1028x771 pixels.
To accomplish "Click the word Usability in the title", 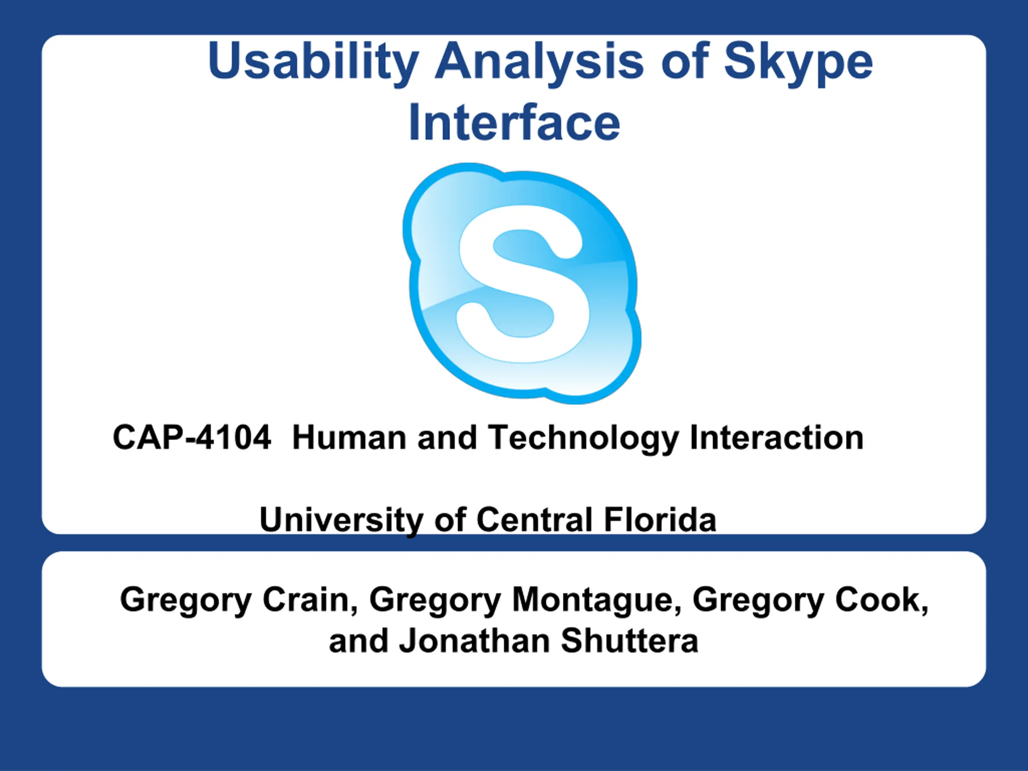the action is [x=313, y=62].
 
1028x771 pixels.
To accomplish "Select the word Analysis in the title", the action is [x=540, y=62].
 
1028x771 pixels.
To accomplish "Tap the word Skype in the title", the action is [x=798, y=62].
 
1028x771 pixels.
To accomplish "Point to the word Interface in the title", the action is [x=514, y=122].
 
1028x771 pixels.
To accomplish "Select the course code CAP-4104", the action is [x=192, y=437].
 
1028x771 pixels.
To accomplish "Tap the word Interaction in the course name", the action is [x=777, y=437].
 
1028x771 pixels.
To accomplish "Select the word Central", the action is [x=534, y=519].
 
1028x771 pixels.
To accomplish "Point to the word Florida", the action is [x=660, y=519].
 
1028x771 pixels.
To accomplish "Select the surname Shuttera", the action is [x=630, y=640].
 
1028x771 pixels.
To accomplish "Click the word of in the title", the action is [x=685, y=62].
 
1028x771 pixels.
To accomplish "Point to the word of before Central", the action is [x=450, y=519].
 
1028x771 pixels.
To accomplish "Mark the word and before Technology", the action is [x=447, y=437].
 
